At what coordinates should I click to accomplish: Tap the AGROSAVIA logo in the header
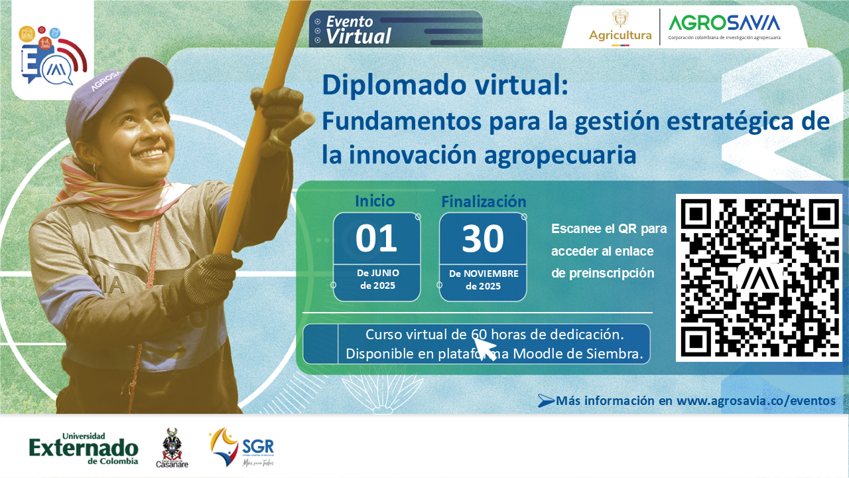click(x=724, y=27)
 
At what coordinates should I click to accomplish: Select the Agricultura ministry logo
click(x=620, y=27)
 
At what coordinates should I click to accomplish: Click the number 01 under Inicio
click(x=376, y=239)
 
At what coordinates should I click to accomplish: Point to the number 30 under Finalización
click(x=482, y=240)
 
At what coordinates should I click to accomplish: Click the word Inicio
click(x=375, y=200)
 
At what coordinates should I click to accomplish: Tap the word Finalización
click(x=484, y=202)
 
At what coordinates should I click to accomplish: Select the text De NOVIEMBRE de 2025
click(x=484, y=279)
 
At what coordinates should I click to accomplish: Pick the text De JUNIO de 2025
click(x=377, y=279)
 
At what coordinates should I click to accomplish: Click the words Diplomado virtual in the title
click(x=444, y=86)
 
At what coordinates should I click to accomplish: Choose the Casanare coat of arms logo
click(x=172, y=447)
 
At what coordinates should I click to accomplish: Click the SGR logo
click(x=241, y=447)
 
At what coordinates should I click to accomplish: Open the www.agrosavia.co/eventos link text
click(x=756, y=400)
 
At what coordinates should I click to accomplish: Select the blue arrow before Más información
click(x=546, y=400)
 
